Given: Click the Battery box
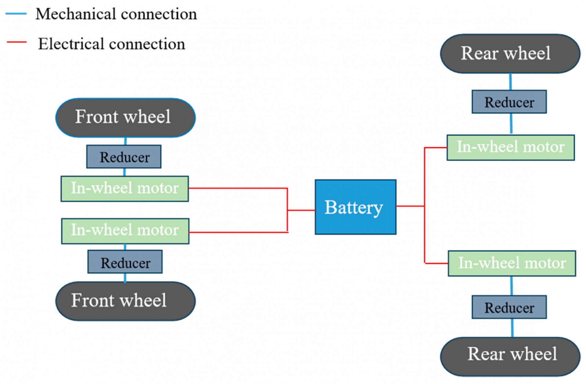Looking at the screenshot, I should click(x=356, y=207).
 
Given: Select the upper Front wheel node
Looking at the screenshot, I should click(x=125, y=118).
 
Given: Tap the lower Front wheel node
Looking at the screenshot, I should click(x=125, y=301).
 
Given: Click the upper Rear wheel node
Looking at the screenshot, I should click(x=510, y=54).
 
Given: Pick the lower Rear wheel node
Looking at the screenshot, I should click(x=510, y=356).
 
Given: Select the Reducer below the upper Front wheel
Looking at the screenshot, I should click(x=124, y=157).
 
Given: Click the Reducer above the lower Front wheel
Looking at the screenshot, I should click(x=125, y=262).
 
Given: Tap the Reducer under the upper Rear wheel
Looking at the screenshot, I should click(x=509, y=102).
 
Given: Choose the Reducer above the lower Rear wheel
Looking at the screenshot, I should click(x=509, y=307).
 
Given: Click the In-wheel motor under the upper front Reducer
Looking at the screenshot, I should click(x=125, y=189).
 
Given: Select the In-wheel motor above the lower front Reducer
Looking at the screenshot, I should click(x=125, y=231).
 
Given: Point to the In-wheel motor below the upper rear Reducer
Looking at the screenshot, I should click(x=511, y=147).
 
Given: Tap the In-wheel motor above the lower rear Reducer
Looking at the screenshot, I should click(x=512, y=263).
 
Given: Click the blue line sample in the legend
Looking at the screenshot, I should click(x=16, y=14).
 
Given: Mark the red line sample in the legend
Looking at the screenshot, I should click(x=17, y=42).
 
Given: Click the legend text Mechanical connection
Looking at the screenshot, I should click(x=116, y=14).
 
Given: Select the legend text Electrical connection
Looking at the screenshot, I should click(x=111, y=44).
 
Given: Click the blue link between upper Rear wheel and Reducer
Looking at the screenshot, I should click(x=510, y=82).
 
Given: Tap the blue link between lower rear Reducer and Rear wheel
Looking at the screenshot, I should click(x=512, y=328).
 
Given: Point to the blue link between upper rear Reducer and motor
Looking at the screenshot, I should click(x=511, y=124).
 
